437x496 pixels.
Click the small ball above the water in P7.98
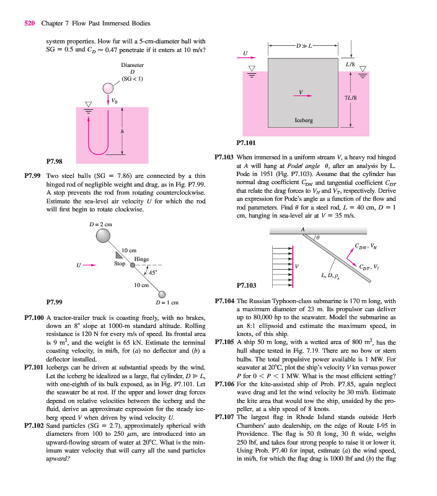(109, 87)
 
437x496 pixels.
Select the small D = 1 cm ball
(162, 294)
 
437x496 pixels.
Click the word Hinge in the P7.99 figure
(141, 259)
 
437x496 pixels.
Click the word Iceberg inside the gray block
(303, 120)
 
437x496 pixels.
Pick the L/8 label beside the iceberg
(350, 64)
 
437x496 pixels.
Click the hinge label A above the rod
(303, 229)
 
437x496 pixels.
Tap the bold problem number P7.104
(224, 300)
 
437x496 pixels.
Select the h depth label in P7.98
(122, 131)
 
